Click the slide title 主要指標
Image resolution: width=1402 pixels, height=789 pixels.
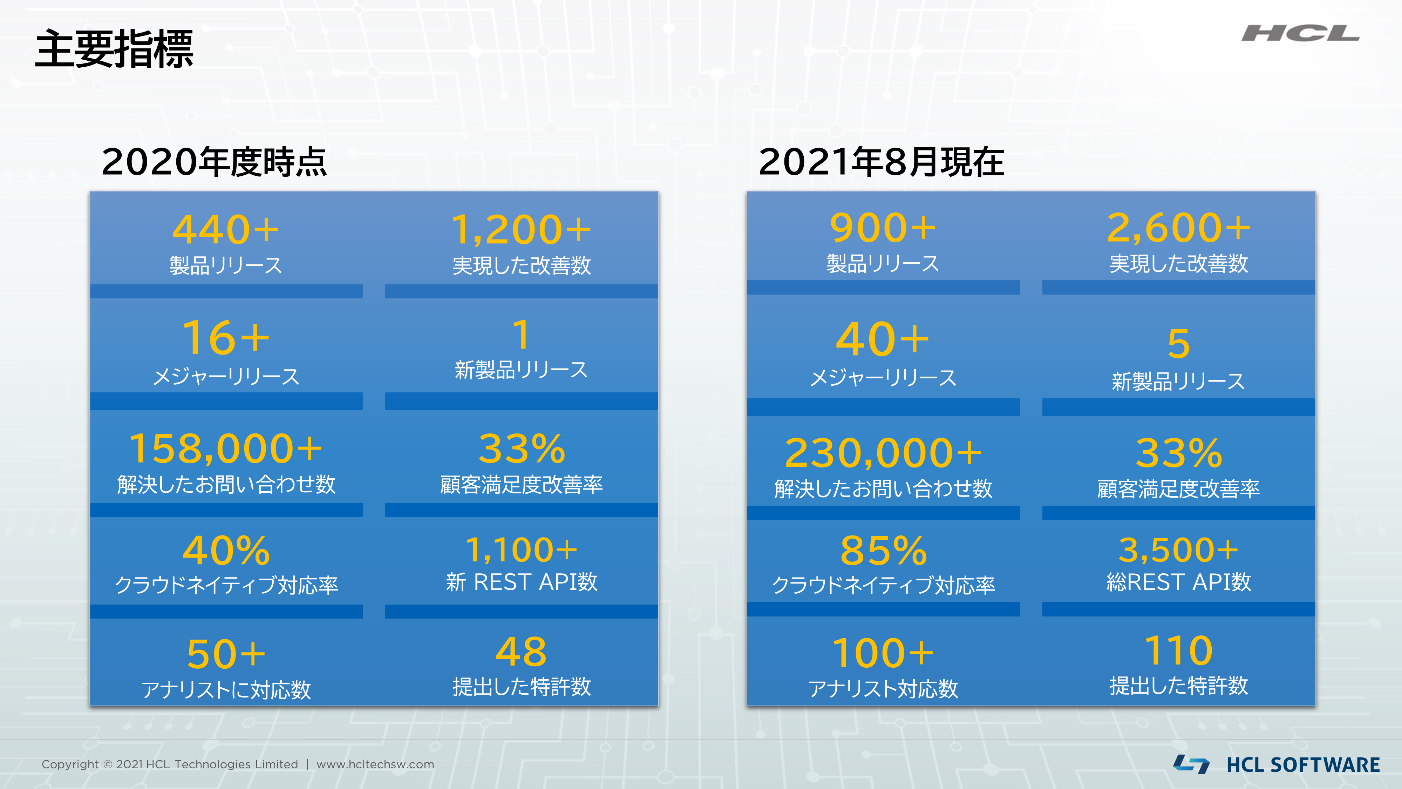tap(114, 49)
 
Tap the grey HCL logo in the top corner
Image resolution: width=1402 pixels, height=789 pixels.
tap(1300, 34)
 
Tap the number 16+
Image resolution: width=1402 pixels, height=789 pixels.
tap(226, 338)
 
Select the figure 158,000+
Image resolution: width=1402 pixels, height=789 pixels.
tap(226, 449)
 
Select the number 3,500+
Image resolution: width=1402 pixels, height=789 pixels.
tap(1179, 549)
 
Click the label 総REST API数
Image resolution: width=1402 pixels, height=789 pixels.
tap(1179, 582)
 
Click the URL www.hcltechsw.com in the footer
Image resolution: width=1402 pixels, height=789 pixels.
tap(375, 764)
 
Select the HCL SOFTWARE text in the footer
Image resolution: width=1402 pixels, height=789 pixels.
tap(1303, 764)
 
